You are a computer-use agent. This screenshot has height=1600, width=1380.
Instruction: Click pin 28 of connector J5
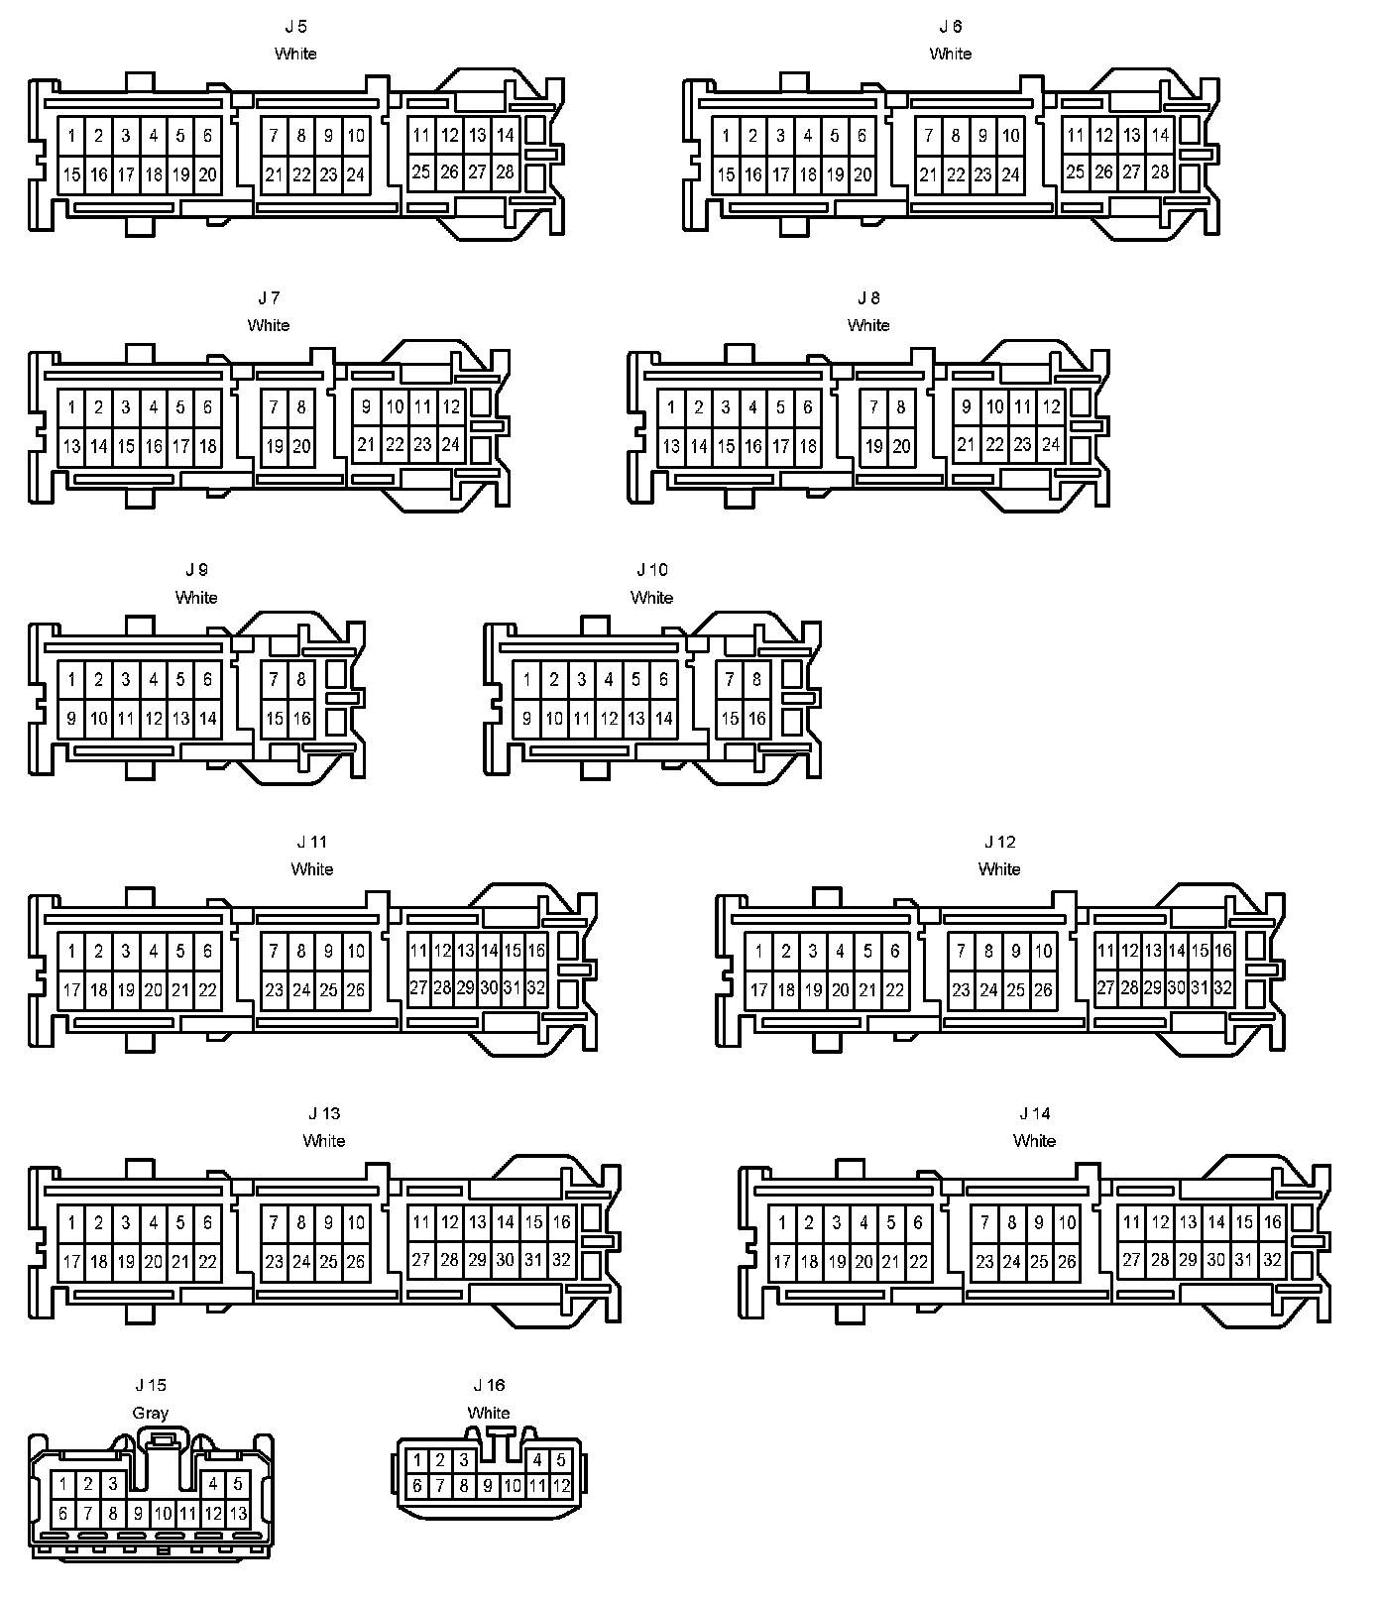click(505, 172)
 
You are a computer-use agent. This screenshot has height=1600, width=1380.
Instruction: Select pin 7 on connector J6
click(928, 136)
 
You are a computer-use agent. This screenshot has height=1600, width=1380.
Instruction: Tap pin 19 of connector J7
click(275, 447)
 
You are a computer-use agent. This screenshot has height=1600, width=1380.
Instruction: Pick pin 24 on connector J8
click(1050, 445)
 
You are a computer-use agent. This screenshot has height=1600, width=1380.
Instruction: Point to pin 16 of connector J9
click(301, 719)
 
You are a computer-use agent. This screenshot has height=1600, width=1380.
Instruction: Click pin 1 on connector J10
click(527, 680)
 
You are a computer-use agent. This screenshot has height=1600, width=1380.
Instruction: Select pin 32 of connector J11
click(535, 987)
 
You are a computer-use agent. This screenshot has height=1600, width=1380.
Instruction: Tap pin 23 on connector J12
click(961, 989)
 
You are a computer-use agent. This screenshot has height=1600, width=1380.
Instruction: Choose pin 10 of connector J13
click(356, 1223)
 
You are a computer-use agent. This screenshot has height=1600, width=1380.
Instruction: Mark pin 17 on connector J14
click(782, 1262)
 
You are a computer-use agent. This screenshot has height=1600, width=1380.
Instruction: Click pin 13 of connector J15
click(238, 1514)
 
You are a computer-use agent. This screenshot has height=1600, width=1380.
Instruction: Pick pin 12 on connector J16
click(561, 1485)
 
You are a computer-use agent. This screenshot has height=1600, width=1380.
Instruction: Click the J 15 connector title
click(151, 1385)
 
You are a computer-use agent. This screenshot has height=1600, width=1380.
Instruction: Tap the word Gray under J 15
click(150, 1413)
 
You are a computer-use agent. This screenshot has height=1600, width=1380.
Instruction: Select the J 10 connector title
click(651, 570)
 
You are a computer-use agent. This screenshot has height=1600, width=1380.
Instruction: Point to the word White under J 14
click(1034, 1141)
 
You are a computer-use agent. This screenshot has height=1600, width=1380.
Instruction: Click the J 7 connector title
click(269, 297)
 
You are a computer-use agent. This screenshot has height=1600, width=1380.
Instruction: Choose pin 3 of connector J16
click(463, 1460)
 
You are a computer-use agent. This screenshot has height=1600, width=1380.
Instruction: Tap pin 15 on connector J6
click(726, 175)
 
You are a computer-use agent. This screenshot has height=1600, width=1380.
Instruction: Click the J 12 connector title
click(999, 842)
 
